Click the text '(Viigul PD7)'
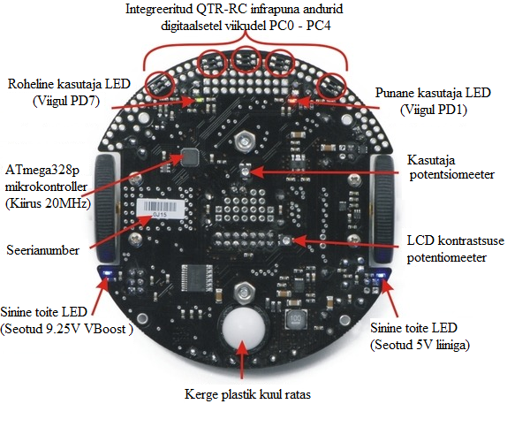tap(67, 101)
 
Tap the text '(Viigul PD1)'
tap(437, 110)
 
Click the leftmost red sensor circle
tap(159, 84)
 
